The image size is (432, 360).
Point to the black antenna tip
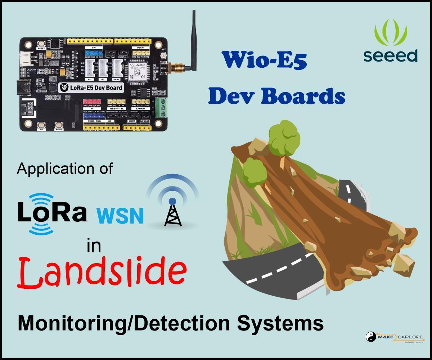194,14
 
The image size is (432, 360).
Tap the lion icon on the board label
64,87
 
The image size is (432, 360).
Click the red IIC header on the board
92,102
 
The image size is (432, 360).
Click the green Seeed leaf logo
390,33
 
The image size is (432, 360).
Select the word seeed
390,56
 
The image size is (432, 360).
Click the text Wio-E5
264,60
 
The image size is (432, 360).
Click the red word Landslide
102,271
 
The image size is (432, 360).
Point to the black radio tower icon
173,213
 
